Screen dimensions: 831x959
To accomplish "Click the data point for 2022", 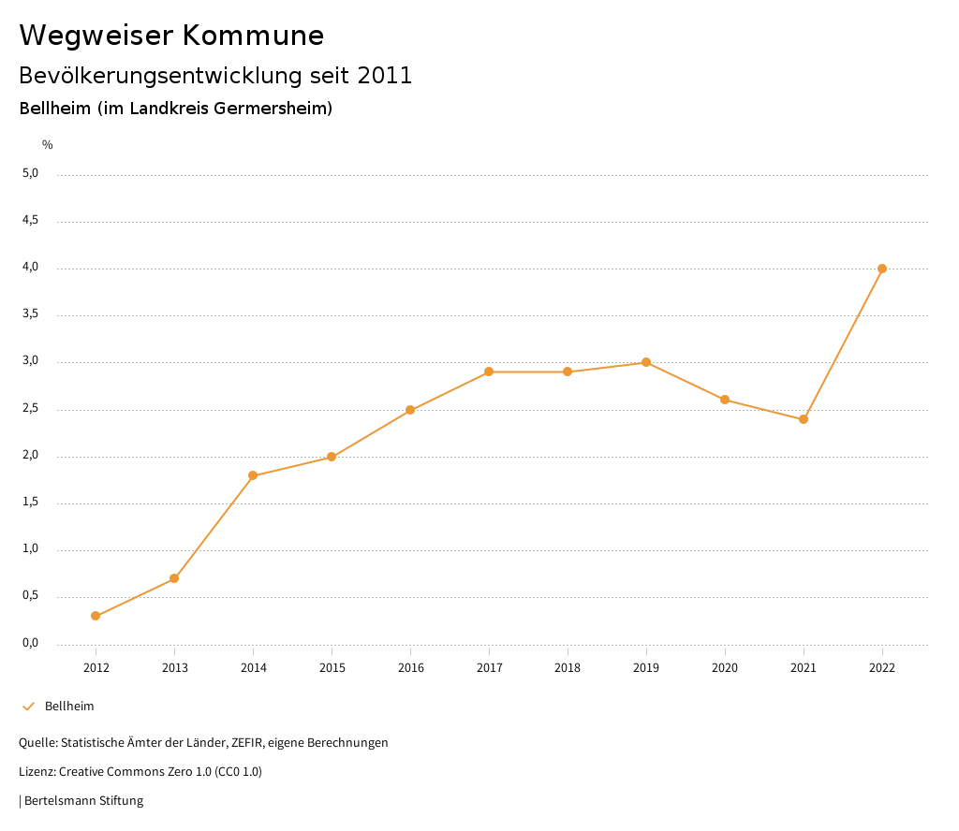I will [882, 269].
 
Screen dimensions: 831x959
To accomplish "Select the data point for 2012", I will [96, 616].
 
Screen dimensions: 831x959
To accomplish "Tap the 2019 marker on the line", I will [646, 362].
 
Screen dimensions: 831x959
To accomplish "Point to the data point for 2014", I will [253, 475].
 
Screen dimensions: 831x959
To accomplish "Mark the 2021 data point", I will [804, 419].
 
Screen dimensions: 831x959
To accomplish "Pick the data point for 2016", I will [410, 410].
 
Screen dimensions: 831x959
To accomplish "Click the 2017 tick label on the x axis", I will [489, 668].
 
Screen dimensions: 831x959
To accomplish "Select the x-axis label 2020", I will [725, 668].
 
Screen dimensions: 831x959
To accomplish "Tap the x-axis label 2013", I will [174, 668].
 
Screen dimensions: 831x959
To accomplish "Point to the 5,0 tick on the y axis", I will [31, 173].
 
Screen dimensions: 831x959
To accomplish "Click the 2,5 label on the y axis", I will [31, 409].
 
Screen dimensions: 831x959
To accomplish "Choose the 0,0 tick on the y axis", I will [31, 643].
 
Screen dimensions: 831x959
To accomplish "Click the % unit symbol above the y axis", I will [48, 145].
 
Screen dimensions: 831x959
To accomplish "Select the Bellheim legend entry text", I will [69, 707].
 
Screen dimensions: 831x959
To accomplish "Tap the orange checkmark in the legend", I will [28, 707].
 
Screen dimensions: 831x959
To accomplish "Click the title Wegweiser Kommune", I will [171, 36].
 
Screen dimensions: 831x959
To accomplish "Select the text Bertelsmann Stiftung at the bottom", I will [83, 801].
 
